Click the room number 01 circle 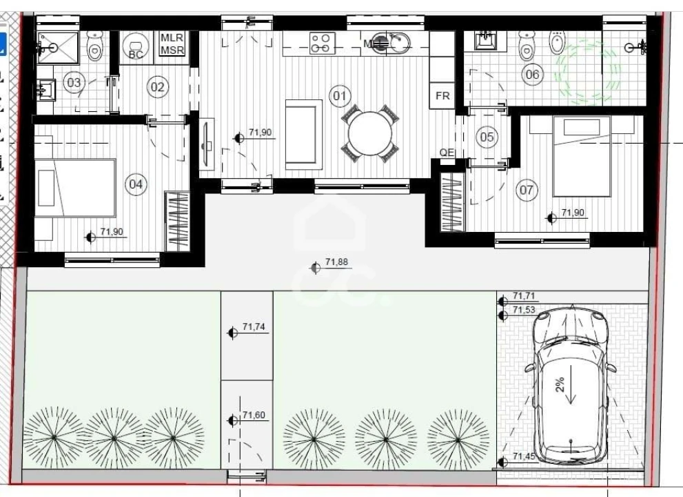coord(340,95)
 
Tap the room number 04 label coord(136,184)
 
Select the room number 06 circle coord(532,74)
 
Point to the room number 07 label coord(526,190)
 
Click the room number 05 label coord(487,137)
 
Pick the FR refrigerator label coord(442,95)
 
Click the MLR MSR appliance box coord(172,43)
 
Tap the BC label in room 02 coord(136,55)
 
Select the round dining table coord(370,133)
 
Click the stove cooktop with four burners coord(323,43)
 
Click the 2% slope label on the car coord(560,384)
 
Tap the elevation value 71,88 coord(337,262)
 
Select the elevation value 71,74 coord(254,327)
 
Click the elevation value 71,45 coord(524,456)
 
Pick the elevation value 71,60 coord(254,415)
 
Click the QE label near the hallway coord(447,153)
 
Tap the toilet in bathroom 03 coord(94,47)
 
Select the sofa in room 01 coord(304,135)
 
